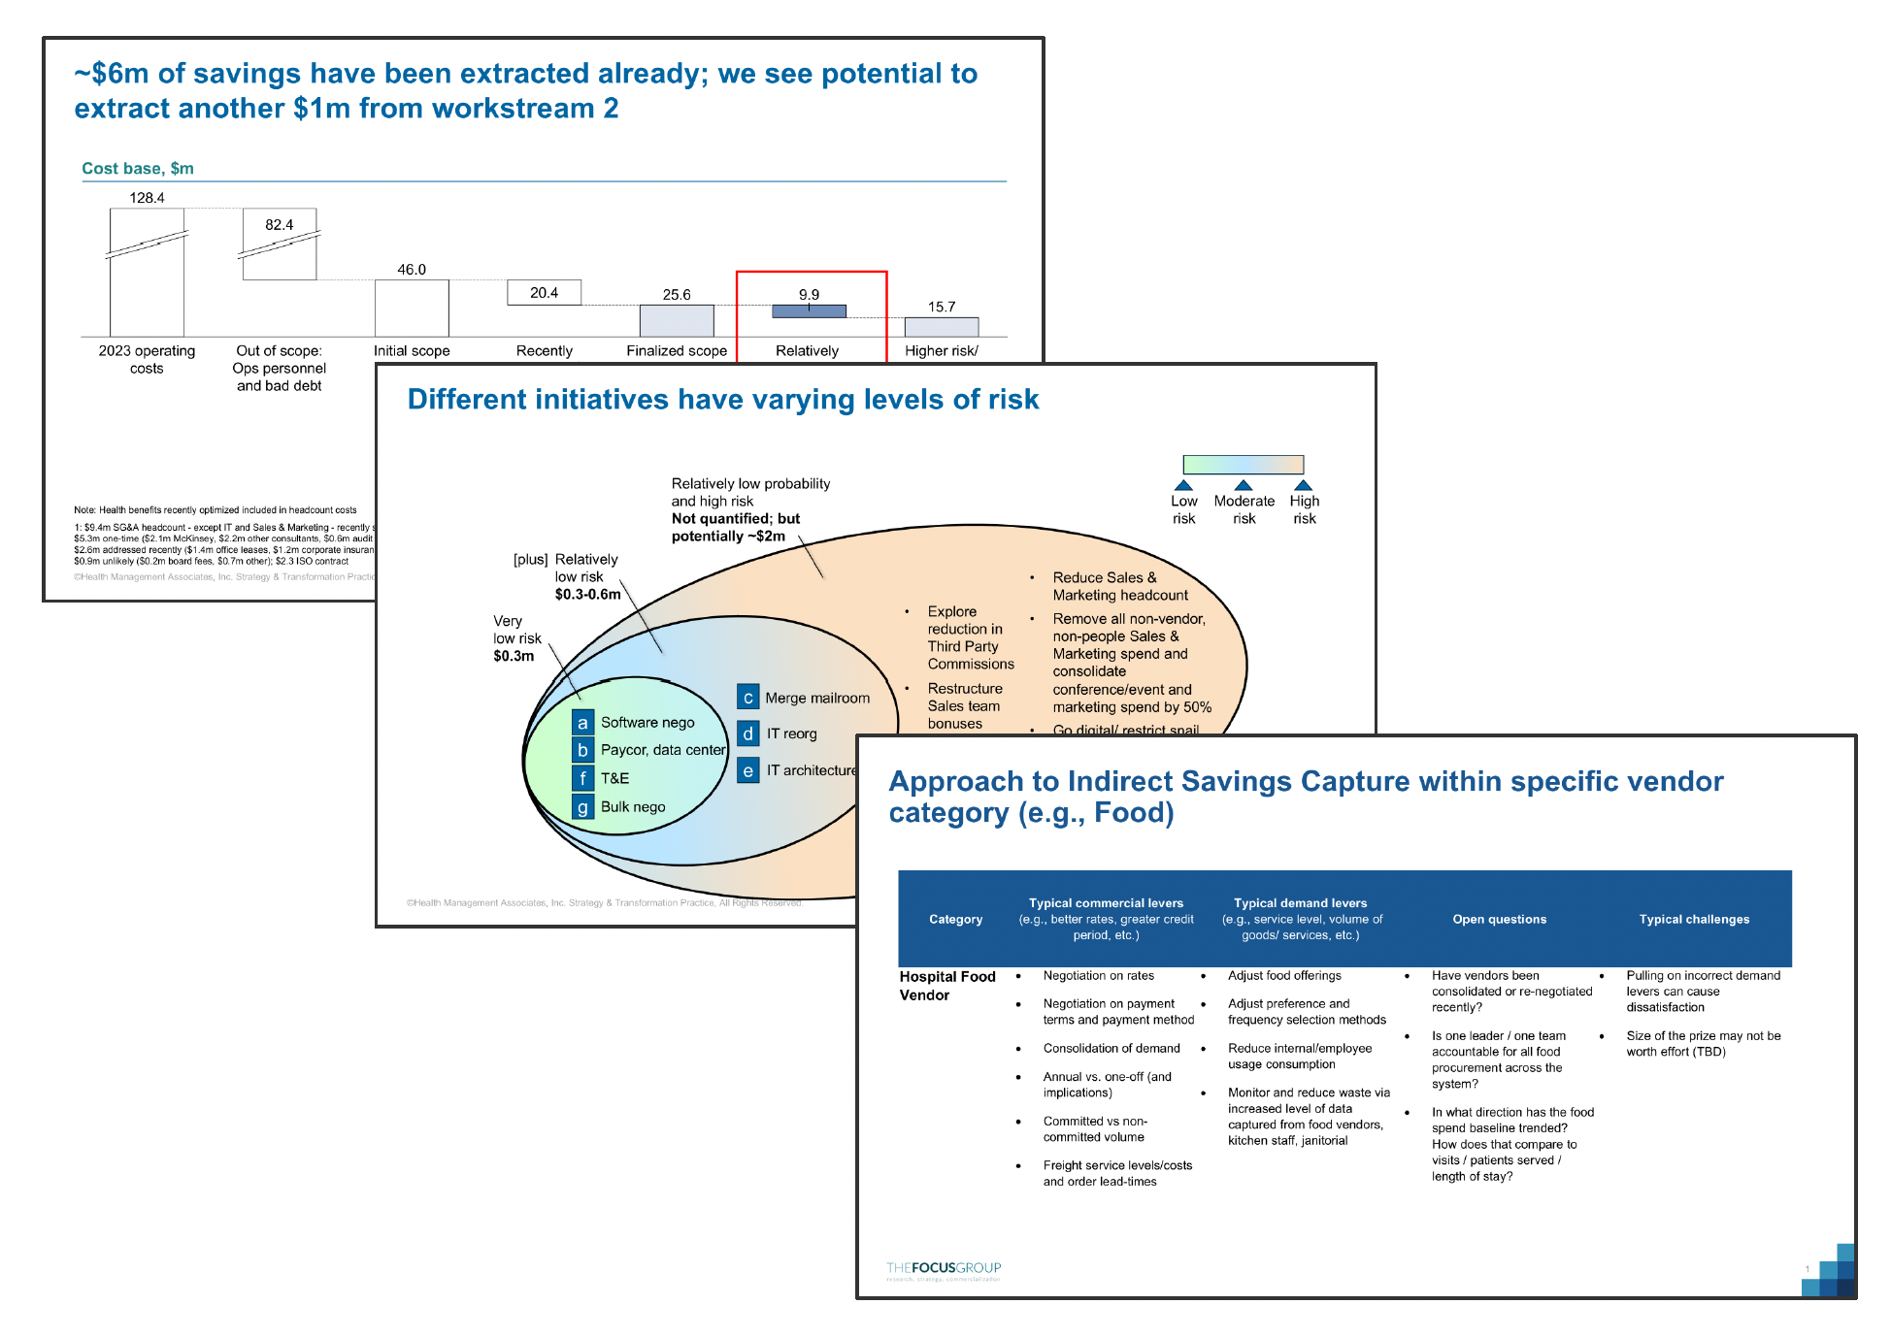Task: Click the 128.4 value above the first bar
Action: (147, 198)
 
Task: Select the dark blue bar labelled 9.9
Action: (809, 311)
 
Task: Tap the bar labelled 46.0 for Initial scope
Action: (412, 308)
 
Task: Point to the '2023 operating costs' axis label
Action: (147, 359)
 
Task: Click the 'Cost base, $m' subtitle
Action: (138, 169)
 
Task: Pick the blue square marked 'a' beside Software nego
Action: (582, 723)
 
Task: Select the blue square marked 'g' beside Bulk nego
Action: (582, 807)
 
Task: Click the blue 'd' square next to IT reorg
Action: (747, 734)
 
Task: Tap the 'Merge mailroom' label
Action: (817, 698)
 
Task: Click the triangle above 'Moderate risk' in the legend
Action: (1244, 485)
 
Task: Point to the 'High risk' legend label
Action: (1305, 509)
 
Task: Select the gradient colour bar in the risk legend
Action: (1243, 465)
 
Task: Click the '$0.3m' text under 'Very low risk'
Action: (514, 656)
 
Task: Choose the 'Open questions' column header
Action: (1499, 919)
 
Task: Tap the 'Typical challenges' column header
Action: (1694, 919)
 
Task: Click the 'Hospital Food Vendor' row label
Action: (946, 986)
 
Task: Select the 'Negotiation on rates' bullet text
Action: (1098, 976)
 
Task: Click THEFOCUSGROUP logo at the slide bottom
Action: (943, 1269)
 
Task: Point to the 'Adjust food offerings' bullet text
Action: (1284, 976)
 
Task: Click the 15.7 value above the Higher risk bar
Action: (941, 307)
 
